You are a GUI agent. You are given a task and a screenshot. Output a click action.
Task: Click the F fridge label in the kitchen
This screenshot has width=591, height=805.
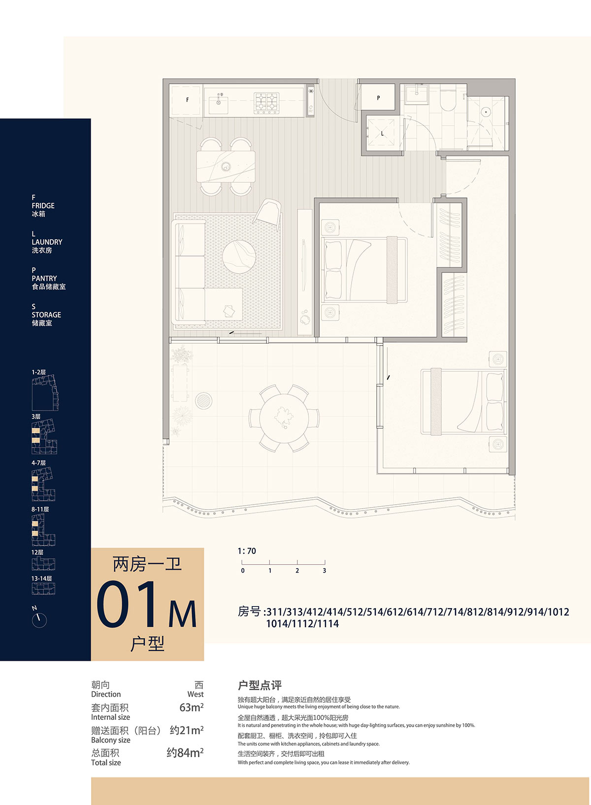(x=187, y=100)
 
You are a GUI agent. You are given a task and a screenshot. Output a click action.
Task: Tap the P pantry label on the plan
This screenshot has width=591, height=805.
(x=378, y=98)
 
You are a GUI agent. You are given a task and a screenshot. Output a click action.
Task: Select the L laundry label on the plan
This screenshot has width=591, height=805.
(x=382, y=133)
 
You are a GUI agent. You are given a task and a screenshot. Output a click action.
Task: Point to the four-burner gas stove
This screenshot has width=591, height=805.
(x=266, y=103)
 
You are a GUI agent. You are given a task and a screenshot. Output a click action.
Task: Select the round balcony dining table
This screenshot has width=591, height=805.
(x=284, y=419)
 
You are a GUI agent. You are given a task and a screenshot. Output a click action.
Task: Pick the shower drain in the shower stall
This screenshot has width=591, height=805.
(x=486, y=112)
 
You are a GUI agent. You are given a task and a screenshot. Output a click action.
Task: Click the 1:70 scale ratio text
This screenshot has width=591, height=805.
(x=247, y=551)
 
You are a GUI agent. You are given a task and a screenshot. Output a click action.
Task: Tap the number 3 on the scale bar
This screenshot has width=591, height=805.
(x=324, y=570)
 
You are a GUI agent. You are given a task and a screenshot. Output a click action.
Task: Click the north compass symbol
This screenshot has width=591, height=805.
(x=39, y=620)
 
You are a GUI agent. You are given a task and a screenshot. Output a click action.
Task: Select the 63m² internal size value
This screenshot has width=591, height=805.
(x=191, y=707)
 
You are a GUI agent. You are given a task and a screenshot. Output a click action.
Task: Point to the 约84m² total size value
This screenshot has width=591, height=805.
(x=185, y=752)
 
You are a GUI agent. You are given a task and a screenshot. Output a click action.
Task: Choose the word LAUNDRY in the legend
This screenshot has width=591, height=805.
(x=47, y=242)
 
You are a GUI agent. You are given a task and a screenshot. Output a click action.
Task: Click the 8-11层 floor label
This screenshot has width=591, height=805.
(x=40, y=509)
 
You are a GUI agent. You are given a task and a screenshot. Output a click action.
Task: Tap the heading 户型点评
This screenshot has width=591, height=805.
(x=260, y=685)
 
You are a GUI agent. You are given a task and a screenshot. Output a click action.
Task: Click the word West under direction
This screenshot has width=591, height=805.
(x=195, y=694)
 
